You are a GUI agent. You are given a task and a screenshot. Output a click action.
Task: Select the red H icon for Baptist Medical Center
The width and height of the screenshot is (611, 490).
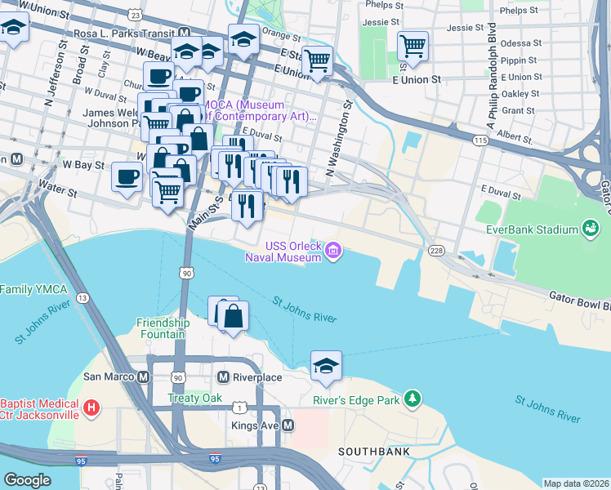[91, 406]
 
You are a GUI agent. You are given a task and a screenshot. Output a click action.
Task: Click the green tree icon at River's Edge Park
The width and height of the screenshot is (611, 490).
[414, 399]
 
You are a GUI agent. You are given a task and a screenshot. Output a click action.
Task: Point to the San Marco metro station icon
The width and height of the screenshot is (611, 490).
[144, 377]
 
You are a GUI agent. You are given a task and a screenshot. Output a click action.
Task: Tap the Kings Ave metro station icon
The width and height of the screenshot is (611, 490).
[287, 425]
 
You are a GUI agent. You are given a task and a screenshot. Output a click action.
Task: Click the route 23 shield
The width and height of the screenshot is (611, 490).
[135, 15]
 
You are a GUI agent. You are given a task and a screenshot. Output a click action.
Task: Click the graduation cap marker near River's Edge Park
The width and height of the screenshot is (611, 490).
[326, 367]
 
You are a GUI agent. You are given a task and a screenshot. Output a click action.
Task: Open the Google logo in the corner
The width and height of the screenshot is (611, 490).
[27, 480]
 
